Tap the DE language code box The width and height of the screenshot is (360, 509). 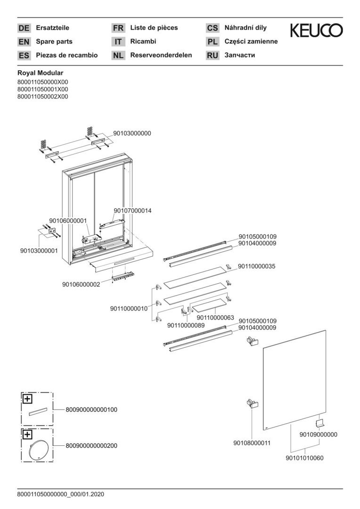(24, 28)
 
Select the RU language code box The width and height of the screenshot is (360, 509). (213, 55)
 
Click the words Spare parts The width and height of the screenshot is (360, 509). (54, 41)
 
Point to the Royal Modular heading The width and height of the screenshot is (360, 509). (40, 73)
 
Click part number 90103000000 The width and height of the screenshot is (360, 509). (132, 133)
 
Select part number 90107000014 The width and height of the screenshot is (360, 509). (132, 211)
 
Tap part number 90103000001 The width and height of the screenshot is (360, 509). (39, 251)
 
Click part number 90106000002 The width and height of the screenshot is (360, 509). (81, 284)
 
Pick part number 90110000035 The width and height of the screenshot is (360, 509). (256, 266)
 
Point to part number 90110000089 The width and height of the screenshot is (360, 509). (186, 325)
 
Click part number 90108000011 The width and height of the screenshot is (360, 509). (252, 443)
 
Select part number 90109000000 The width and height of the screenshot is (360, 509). (318, 435)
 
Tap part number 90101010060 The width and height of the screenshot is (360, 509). (304, 459)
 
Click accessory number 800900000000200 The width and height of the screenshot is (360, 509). (91, 446)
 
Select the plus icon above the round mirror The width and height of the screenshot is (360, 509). (27, 435)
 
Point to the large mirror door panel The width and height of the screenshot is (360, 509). (294, 380)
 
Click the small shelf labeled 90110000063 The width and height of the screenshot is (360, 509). (209, 306)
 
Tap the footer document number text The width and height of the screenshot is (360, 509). (61, 494)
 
